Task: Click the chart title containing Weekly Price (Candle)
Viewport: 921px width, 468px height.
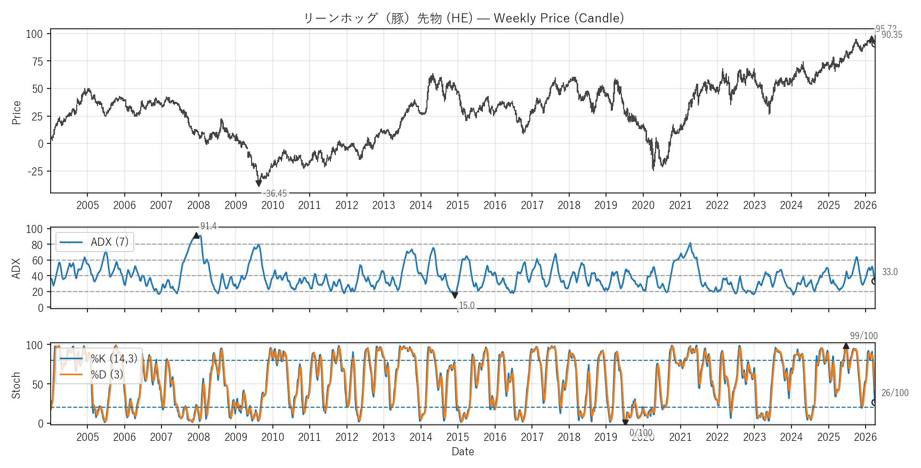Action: (463, 18)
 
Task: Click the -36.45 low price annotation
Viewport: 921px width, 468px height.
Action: (276, 193)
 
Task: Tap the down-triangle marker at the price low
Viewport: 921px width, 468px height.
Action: (258, 183)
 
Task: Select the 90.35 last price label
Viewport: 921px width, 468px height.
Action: (892, 35)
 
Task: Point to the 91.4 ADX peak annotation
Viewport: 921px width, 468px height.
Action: (208, 227)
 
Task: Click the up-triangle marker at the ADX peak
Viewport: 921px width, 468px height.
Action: (196, 235)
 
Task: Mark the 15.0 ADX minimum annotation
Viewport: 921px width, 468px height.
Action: (466, 305)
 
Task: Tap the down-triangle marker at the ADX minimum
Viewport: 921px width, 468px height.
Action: (455, 295)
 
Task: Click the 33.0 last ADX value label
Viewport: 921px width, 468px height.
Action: (890, 272)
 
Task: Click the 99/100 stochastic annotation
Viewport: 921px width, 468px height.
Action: (863, 336)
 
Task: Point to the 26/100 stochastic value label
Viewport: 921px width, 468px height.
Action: (895, 393)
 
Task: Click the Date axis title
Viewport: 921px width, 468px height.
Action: (463, 451)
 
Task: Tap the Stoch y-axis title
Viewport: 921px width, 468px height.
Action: (16, 385)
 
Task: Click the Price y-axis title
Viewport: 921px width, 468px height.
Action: (17, 112)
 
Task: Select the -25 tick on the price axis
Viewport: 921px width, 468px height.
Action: (35, 172)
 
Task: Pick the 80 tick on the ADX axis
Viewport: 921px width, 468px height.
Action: (37, 245)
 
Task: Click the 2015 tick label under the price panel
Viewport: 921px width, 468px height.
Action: (457, 205)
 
